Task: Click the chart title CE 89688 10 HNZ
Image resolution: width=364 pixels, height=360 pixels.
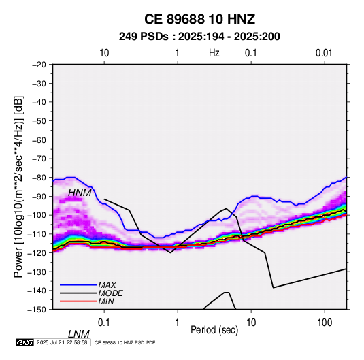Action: [199, 19]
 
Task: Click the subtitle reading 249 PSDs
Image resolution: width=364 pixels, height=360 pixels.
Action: [144, 37]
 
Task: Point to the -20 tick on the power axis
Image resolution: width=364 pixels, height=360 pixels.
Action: [39, 65]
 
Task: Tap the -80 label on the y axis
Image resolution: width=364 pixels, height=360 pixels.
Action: [39, 178]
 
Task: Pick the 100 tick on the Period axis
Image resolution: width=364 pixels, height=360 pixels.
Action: [325, 323]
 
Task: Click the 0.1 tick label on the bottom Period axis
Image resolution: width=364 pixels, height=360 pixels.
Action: [103, 323]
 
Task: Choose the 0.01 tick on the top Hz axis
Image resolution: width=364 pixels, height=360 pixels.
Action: [324, 53]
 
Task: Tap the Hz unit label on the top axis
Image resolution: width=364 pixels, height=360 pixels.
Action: [214, 53]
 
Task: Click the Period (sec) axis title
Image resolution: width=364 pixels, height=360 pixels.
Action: [214, 330]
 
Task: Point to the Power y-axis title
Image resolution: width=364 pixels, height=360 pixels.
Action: [18, 187]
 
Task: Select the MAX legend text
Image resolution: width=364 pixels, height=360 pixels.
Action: [107, 284]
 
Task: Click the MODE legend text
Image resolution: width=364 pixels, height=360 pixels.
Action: [110, 293]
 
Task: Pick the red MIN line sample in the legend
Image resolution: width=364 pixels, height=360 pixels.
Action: [78, 301]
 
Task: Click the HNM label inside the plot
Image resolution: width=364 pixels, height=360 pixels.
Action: [80, 193]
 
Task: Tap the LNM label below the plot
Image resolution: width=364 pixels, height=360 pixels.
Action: [78, 334]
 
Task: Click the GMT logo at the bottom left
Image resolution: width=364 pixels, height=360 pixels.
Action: [24, 342]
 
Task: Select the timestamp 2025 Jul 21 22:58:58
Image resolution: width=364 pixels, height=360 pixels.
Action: [62, 342]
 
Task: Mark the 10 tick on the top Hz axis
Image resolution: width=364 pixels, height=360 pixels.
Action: [104, 53]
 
